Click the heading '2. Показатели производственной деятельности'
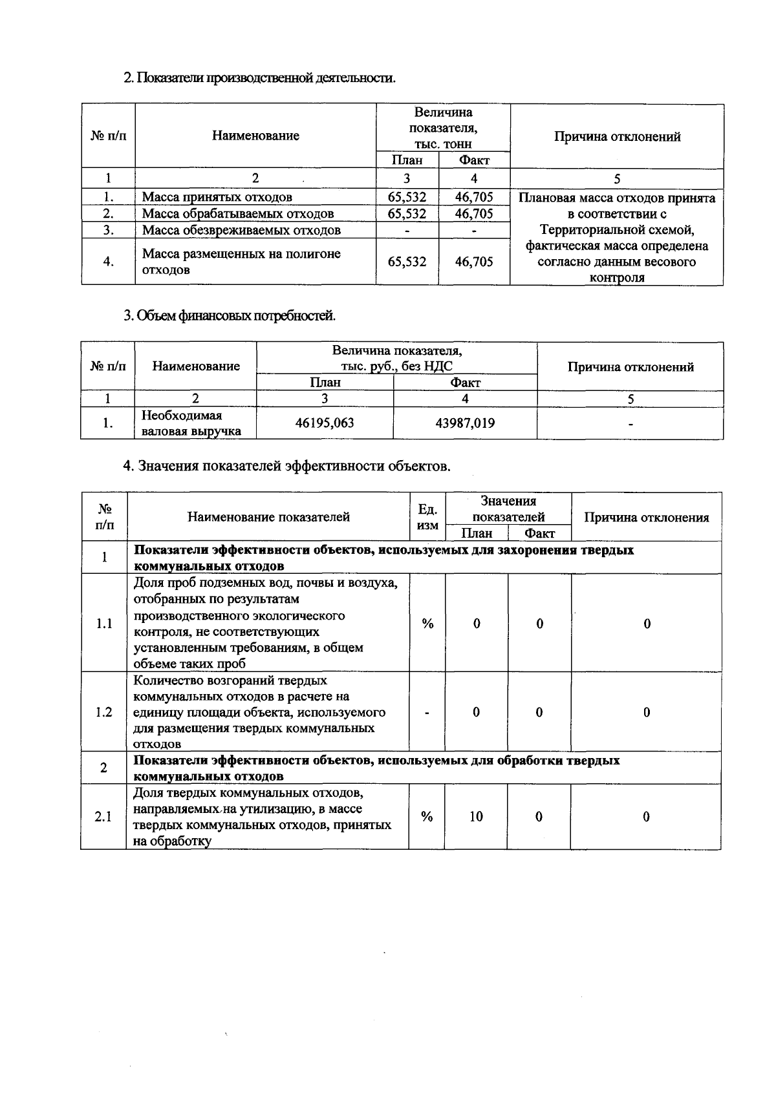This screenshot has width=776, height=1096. pos(259,78)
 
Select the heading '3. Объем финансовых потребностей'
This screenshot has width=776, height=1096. pos(230,316)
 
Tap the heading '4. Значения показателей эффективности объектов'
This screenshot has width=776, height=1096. pos(287,466)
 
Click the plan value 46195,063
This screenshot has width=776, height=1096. pos(325,423)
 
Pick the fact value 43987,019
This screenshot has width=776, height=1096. pos(465,423)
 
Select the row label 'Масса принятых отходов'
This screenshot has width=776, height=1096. pos(217,197)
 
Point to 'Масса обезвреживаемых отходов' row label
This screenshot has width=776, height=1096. pos(241,230)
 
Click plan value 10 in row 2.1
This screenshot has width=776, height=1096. pos(476,817)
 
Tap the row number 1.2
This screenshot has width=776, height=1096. pos(103,712)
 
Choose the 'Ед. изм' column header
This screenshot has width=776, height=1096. pos(427,517)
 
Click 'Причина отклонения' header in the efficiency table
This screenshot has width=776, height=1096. pos(646,518)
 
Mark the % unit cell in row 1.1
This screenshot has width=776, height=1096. pos(427,624)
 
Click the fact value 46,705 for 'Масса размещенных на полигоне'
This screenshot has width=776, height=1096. pos(474,262)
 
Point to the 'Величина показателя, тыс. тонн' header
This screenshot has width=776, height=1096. pos(443,128)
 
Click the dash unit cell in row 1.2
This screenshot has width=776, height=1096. pos(427,712)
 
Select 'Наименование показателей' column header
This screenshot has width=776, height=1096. pos(268,517)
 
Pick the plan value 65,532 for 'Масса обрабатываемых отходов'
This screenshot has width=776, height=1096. pos(407,214)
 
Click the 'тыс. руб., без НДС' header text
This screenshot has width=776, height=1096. pos(397,366)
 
